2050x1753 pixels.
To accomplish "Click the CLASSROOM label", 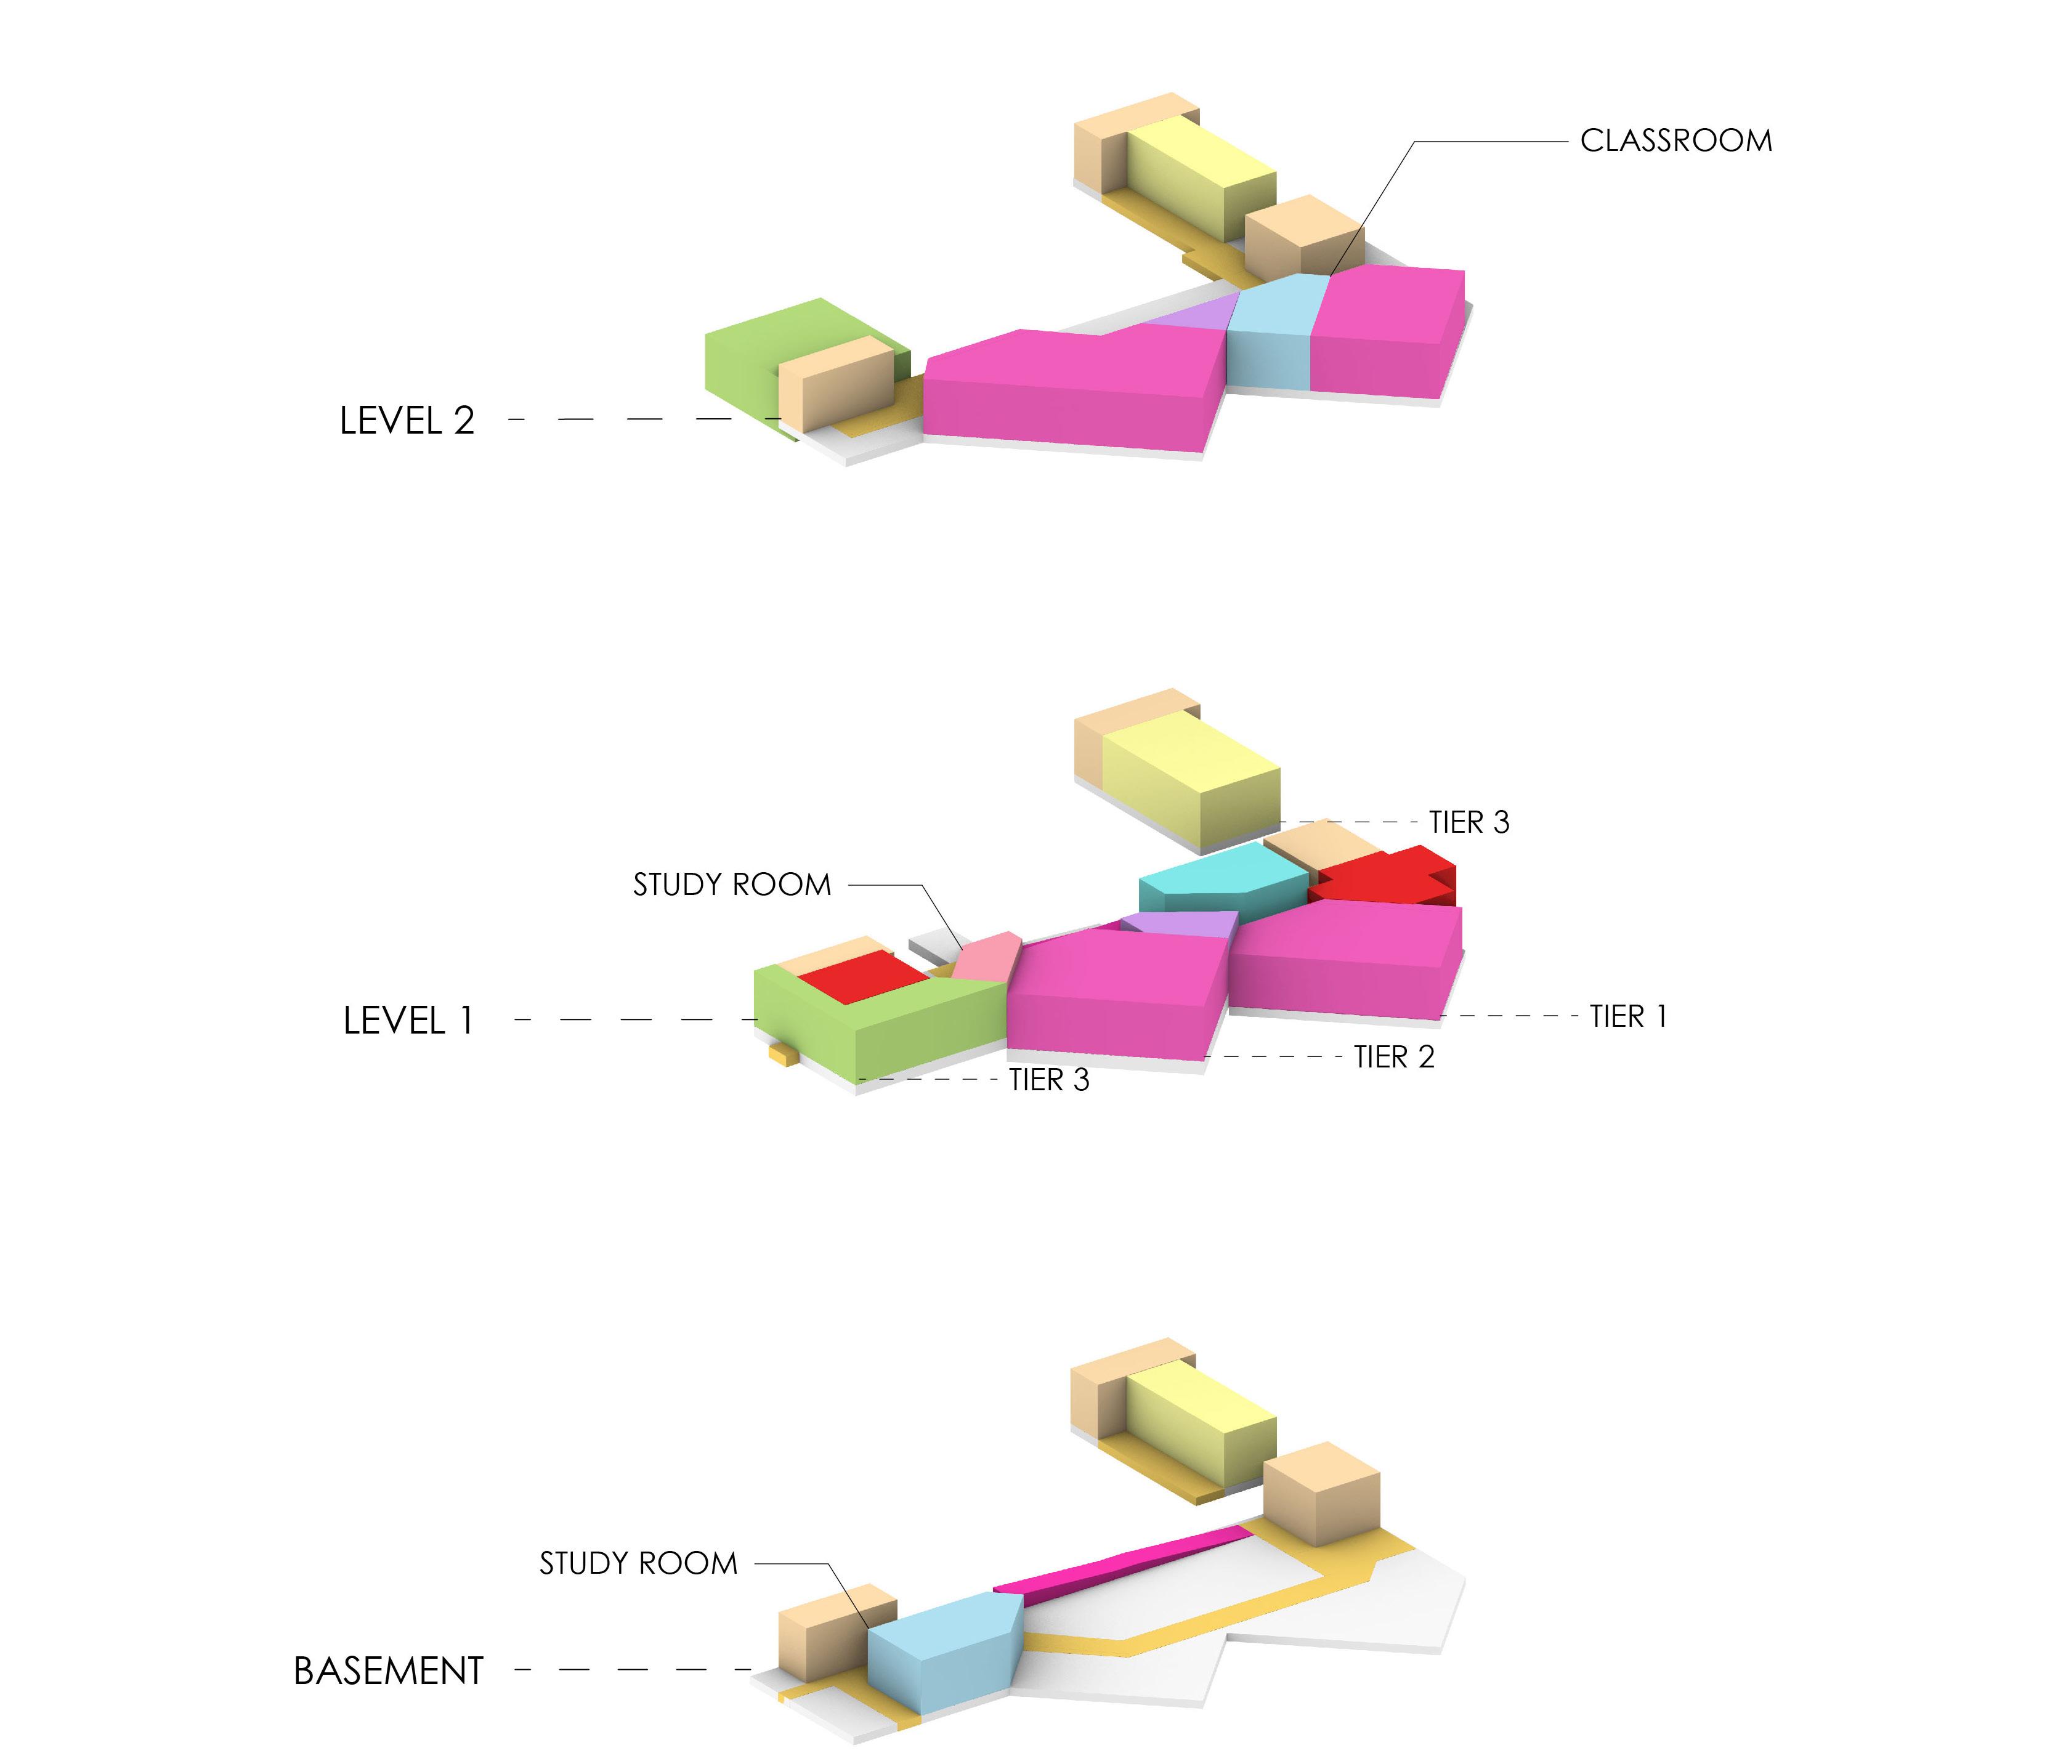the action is click(1675, 140).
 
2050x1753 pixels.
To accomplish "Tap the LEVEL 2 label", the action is click(407, 421).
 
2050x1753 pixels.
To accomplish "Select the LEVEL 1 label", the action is click(408, 1020).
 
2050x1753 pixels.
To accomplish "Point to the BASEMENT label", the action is click(388, 1671).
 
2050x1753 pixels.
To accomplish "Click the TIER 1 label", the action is click(1627, 1016).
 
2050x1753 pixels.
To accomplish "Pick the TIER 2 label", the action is click(1393, 1056).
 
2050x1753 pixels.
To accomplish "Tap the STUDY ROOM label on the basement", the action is click(638, 1563).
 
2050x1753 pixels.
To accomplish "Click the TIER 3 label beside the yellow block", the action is click(1469, 822).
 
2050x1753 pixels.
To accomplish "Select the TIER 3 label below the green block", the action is click(1049, 1079).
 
